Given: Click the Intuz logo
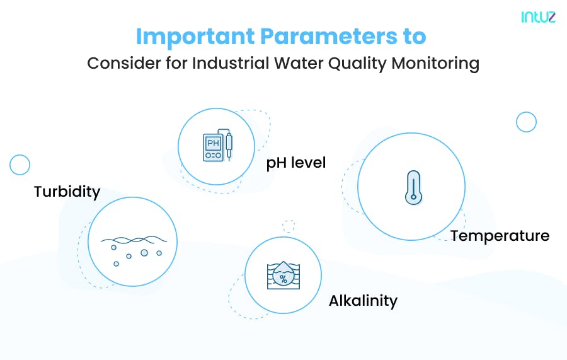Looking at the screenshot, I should (x=538, y=18).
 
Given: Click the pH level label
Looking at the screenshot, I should (x=295, y=163).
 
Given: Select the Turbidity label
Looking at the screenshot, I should (x=67, y=192).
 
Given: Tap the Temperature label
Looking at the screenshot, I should (x=500, y=236).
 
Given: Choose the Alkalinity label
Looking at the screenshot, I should (x=363, y=301).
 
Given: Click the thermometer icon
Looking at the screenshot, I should (x=413, y=187).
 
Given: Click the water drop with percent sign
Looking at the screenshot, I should (x=283, y=277).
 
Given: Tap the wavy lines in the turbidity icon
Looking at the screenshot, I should (x=132, y=240).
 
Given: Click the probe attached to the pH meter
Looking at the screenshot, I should (x=229, y=145).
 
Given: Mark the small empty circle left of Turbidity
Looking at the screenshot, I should (x=20, y=165).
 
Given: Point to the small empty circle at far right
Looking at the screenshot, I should (x=525, y=122).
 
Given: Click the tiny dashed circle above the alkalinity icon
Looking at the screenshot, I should (x=289, y=226).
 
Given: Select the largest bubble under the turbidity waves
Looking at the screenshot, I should (x=144, y=253).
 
